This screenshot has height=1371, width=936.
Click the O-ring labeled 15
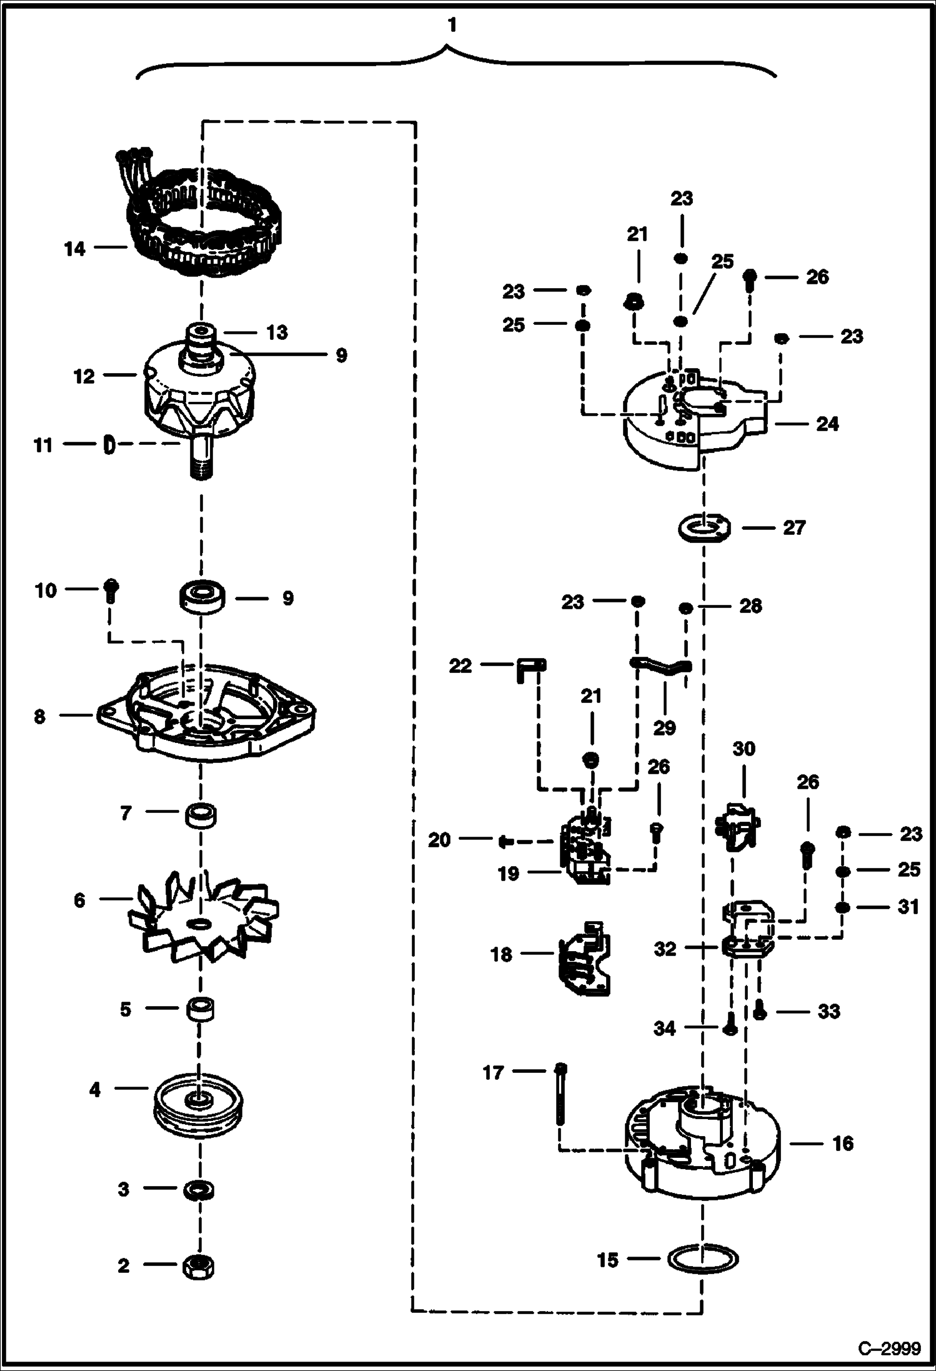pos(703,1260)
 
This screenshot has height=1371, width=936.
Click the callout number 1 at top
pos(452,25)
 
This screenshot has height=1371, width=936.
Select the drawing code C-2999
pos(889,1349)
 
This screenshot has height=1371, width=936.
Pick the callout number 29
pos(664,727)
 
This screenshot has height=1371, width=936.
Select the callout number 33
pos(829,1010)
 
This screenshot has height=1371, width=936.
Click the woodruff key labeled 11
pos(109,445)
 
